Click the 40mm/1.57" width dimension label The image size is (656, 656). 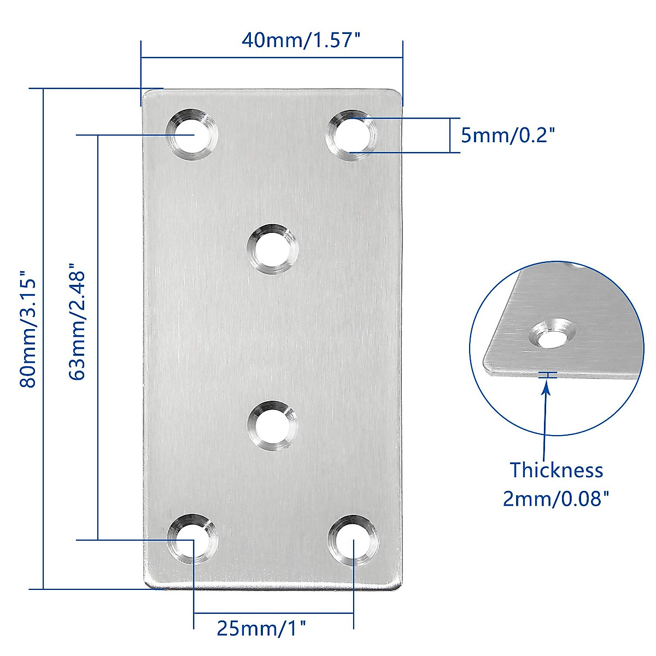302,40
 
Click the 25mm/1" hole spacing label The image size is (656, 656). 261,628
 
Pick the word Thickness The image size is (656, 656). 556,470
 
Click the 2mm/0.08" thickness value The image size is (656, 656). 556,499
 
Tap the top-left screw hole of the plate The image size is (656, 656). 192,135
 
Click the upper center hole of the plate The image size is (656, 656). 272,249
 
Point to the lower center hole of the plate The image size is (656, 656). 272,426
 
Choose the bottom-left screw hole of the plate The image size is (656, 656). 192,540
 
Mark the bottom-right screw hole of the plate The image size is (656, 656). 354,540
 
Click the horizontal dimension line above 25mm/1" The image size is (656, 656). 273,613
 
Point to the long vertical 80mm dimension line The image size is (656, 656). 43,339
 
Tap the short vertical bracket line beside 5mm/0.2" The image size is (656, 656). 450,135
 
